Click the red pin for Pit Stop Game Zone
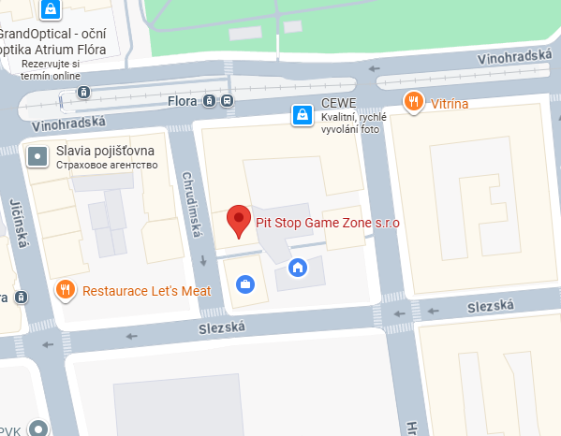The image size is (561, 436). (x=240, y=221)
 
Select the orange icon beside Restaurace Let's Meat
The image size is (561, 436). (x=65, y=290)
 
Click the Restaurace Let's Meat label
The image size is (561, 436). (x=147, y=291)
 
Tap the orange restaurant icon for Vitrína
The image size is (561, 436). (x=412, y=101)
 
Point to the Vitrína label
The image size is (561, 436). (x=450, y=102)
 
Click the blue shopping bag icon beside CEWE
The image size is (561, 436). (x=302, y=115)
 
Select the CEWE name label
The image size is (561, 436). (x=338, y=104)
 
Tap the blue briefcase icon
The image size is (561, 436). (x=244, y=283)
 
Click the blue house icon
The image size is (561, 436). (x=297, y=268)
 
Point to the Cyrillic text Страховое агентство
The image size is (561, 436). (x=107, y=166)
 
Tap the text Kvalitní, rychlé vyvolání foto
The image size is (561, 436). (x=353, y=123)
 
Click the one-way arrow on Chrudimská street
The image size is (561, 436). (x=202, y=260)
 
